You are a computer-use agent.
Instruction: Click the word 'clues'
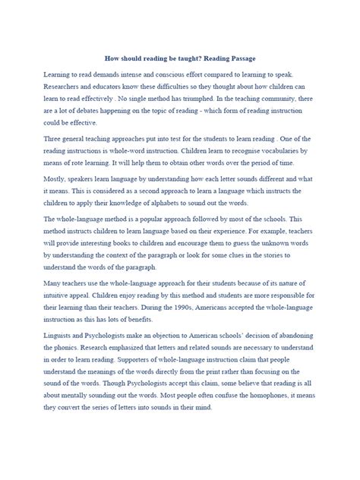[x=237, y=281]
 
